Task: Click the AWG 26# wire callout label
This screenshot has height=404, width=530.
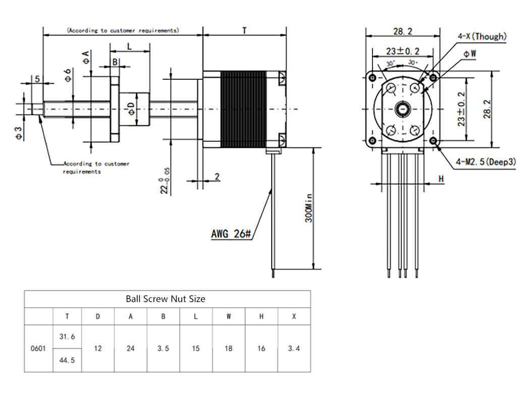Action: pyautogui.click(x=231, y=234)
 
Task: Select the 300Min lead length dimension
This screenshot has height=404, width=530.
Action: pyautogui.click(x=309, y=208)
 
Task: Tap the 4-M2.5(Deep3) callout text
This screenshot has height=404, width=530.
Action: pyautogui.click(x=486, y=162)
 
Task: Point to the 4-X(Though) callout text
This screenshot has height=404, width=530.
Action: pyautogui.click(x=482, y=36)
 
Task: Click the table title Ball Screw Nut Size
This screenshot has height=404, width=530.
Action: pyautogui.click(x=166, y=299)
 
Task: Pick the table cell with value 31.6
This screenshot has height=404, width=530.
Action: pyautogui.click(x=67, y=337)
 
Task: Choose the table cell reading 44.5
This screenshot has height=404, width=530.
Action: pyautogui.click(x=67, y=361)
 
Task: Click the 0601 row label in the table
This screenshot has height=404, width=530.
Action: pyautogui.click(x=38, y=348)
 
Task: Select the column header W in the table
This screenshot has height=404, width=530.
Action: pyautogui.click(x=229, y=317)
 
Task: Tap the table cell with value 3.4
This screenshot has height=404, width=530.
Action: pyautogui.click(x=294, y=348)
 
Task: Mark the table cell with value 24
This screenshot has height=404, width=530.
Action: pyautogui.click(x=130, y=348)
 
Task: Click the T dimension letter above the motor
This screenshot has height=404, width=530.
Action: pyautogui.click(x=244, y=31)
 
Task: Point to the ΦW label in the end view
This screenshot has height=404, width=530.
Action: pyautogui.click(x=470, y=54)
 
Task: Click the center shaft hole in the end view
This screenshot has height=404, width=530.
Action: pyautogui.click(x=403, y=109)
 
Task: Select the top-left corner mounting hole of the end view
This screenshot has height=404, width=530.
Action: pyautogui.click(x=372, y=78)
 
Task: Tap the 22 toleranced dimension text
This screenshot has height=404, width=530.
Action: pyautogui.click(x=165, y=181)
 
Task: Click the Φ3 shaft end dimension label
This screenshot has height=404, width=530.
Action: pyautogui.click(x=19, y=133)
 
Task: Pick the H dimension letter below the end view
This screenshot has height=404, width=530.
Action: pyautogui.click(x=441, y=179)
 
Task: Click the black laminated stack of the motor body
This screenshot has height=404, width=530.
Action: pyautogui.click(x=243, y=109)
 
